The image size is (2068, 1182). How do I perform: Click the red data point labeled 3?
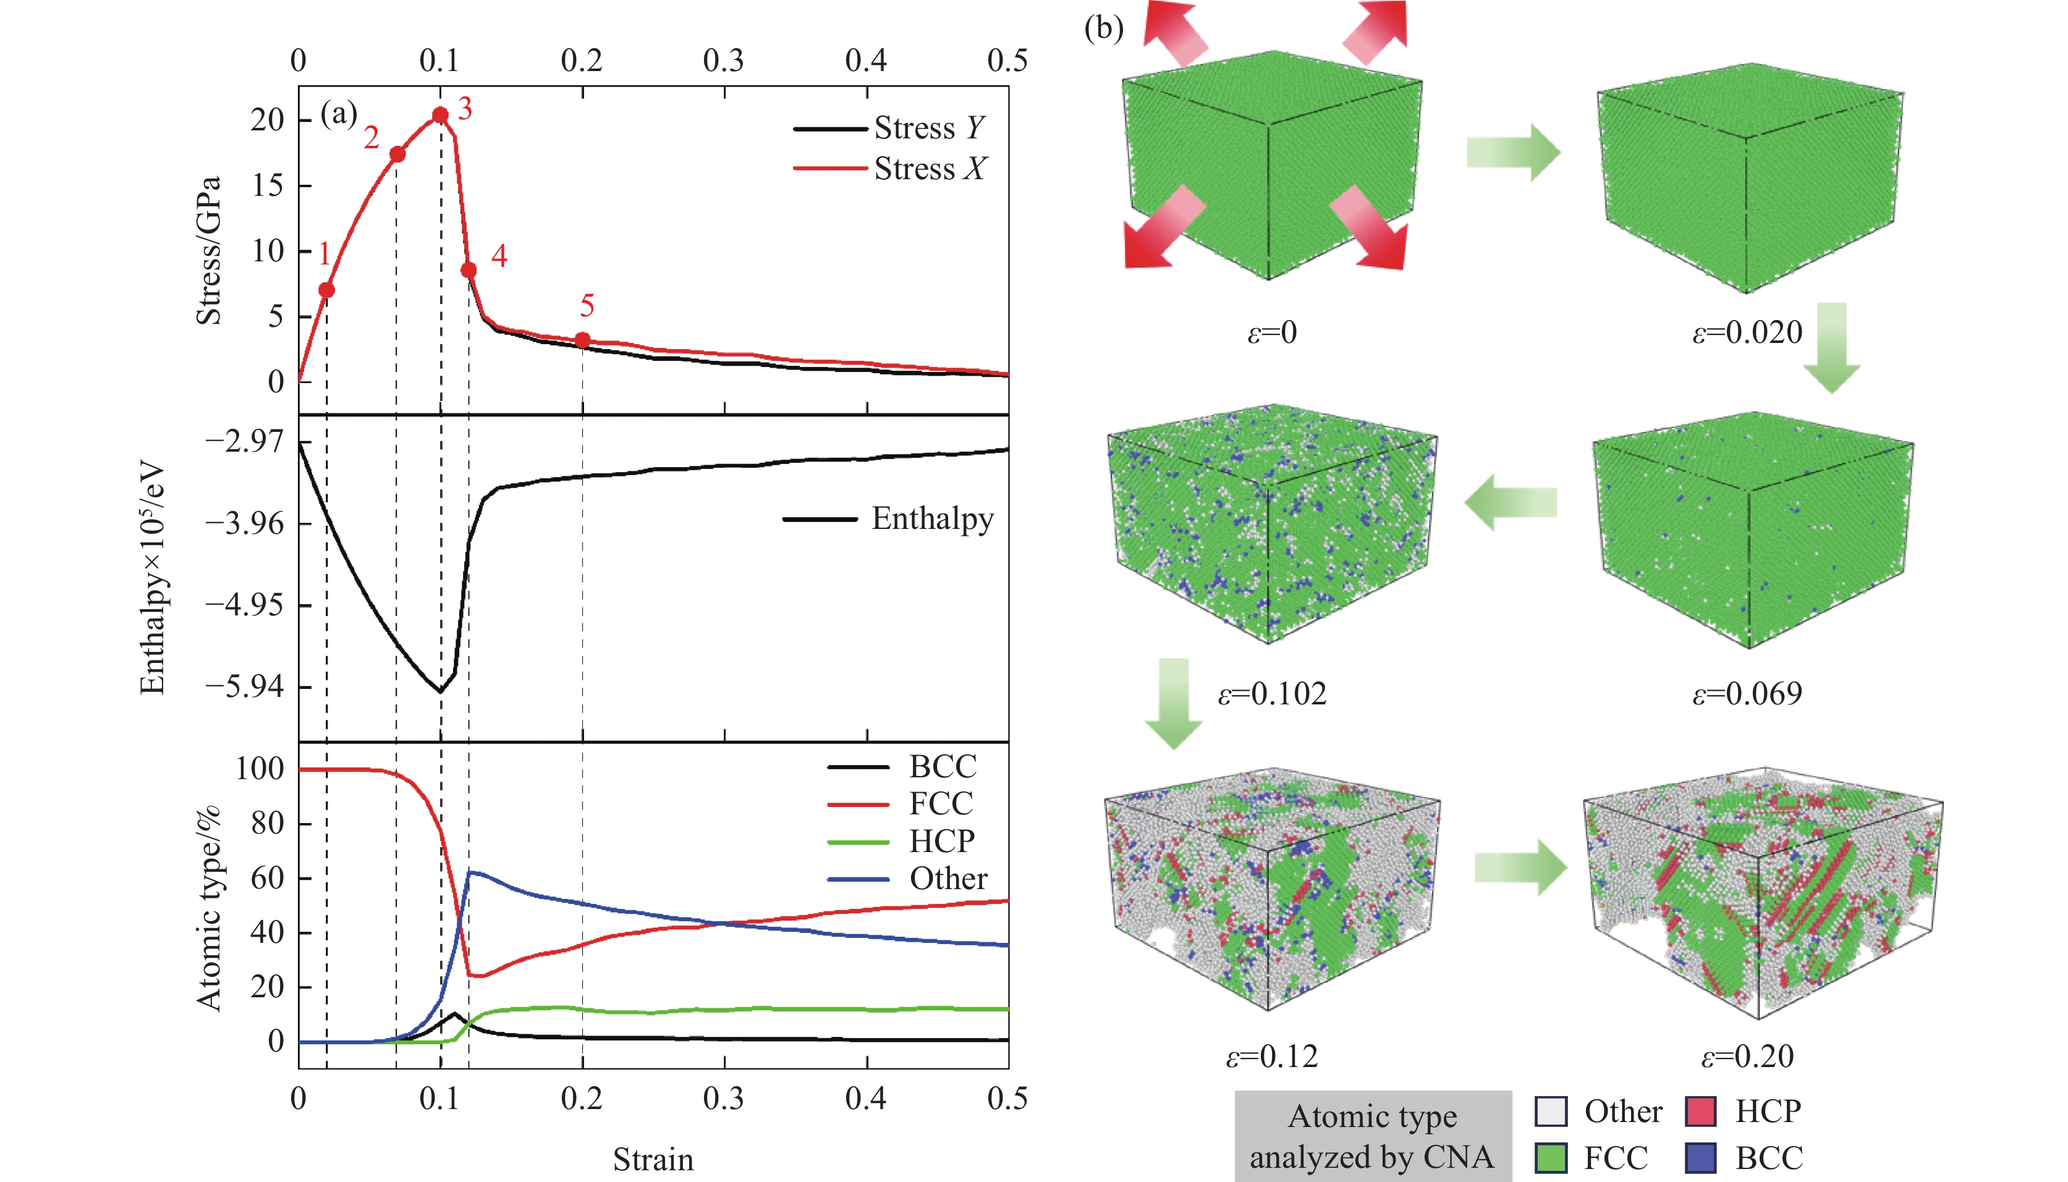[440, 116]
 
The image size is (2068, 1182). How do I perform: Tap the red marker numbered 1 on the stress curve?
[326, 290]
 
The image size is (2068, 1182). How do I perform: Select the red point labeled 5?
[582, 339]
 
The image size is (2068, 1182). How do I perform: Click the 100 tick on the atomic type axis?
[260, 768]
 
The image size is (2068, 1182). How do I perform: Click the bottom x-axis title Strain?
[653, 1159]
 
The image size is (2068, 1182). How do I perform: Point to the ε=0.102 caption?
[1271, 693]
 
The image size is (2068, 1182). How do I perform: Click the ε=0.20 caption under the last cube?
[1747, 1056]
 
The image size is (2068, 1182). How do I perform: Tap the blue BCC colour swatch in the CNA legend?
[1700, 1158]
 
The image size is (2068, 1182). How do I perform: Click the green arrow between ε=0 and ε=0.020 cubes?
[1512, 153]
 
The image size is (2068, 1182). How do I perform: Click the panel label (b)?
[1103, 28]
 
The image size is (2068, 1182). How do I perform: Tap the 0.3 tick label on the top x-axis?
[724, 60]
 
